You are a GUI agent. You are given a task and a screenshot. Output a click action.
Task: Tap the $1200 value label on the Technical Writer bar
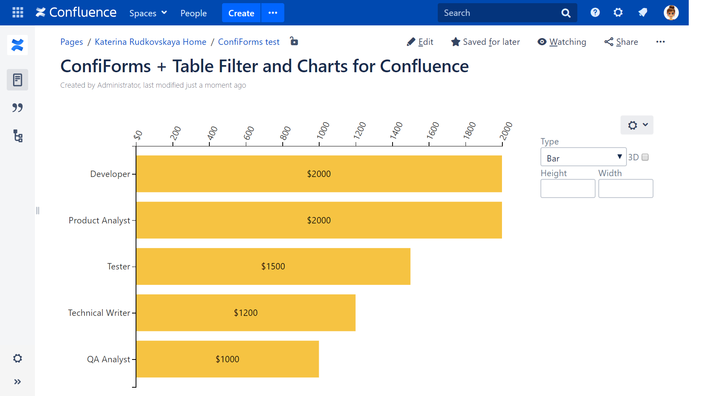pos(245,313)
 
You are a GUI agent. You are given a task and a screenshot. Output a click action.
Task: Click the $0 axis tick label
pos(138,135)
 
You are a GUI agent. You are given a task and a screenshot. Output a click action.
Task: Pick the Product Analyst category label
pos(99,220)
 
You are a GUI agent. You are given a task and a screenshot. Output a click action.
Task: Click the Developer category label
pos(110,174)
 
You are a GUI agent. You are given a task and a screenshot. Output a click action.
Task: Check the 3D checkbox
pos(645,157)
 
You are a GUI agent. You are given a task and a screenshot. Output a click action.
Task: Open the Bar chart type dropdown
pos(583,157)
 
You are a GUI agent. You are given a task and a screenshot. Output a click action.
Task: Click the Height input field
pos(567,188)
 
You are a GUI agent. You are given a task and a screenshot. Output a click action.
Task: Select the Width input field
pos(625,188)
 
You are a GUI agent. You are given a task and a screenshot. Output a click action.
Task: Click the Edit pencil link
pos(420,42)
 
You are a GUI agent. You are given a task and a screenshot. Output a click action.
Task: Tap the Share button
pos(621,42)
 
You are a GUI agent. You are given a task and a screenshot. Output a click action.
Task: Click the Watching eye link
pos(562,42)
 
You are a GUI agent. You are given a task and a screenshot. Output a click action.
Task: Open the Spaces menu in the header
pos(148,13)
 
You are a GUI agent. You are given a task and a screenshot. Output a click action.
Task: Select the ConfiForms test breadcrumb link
pos(249,42)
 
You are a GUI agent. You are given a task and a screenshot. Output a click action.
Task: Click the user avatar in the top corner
pos(671,13)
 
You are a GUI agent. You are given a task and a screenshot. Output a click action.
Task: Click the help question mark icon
pos(595,13)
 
